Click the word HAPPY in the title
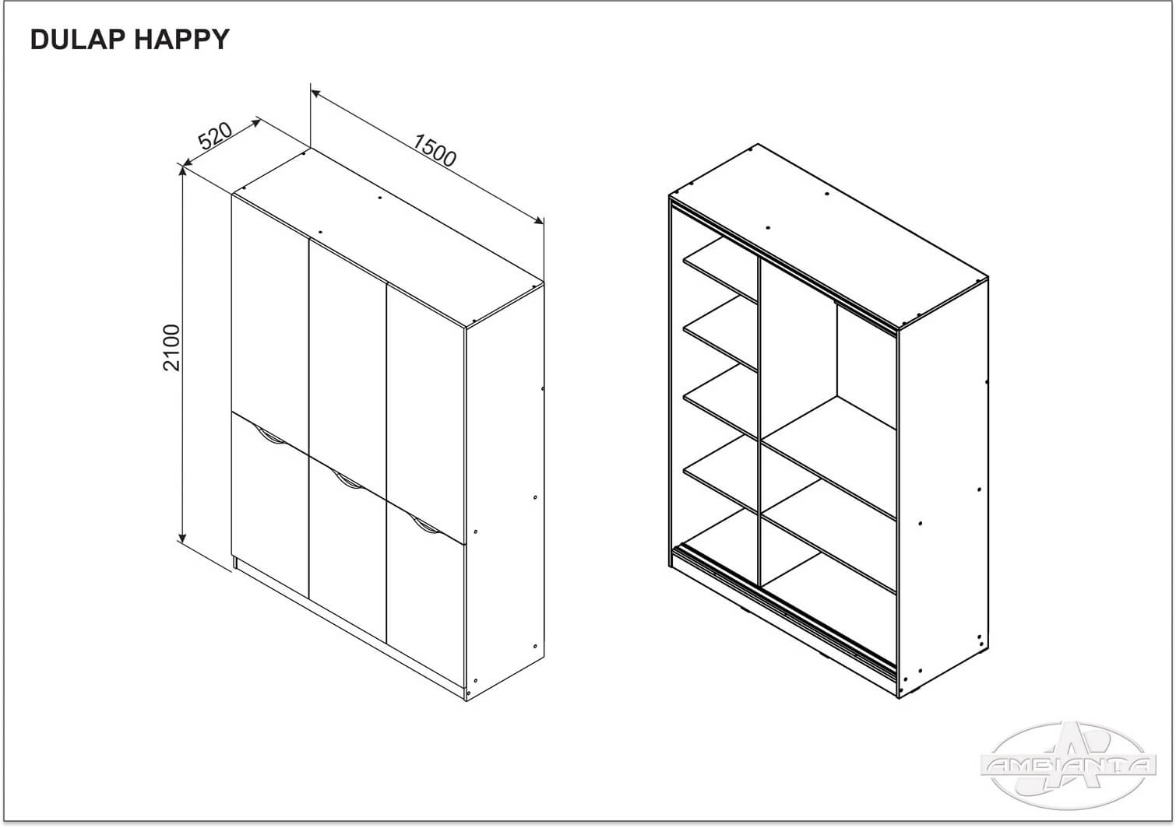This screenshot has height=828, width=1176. point(182,40)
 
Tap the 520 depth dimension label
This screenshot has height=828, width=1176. point(215,136)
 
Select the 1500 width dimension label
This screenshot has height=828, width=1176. point(435,151)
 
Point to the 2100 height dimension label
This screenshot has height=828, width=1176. point(171,348)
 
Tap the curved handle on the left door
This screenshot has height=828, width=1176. point(270,436)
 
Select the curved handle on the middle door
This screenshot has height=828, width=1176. point(347,480)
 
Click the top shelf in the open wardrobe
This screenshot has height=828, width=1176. point(720,269)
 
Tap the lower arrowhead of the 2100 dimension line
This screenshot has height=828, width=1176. point(182,539)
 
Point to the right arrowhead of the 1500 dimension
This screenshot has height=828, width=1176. point(539,221)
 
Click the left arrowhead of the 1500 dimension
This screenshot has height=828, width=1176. point(315,93)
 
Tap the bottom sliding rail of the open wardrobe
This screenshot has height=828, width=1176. point(784,609)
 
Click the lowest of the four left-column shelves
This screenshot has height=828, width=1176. point(720,475)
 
